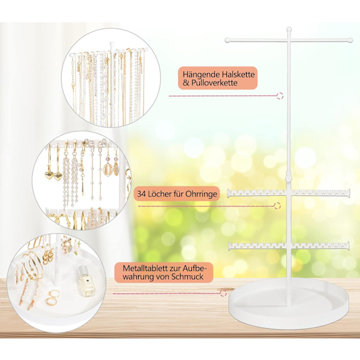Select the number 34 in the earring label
click(142, 194)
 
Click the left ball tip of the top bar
click(227, 40)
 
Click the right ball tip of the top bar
click(350, 40)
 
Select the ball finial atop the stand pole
click(289, 29)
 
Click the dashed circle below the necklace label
click(280, 96)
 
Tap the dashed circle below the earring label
click(278, 206)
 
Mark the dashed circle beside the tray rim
click(223, 293)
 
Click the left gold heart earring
click(49, 175)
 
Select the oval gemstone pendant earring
click(107, 169)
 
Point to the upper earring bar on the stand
click(289, 193)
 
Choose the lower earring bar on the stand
click(289, 246)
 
